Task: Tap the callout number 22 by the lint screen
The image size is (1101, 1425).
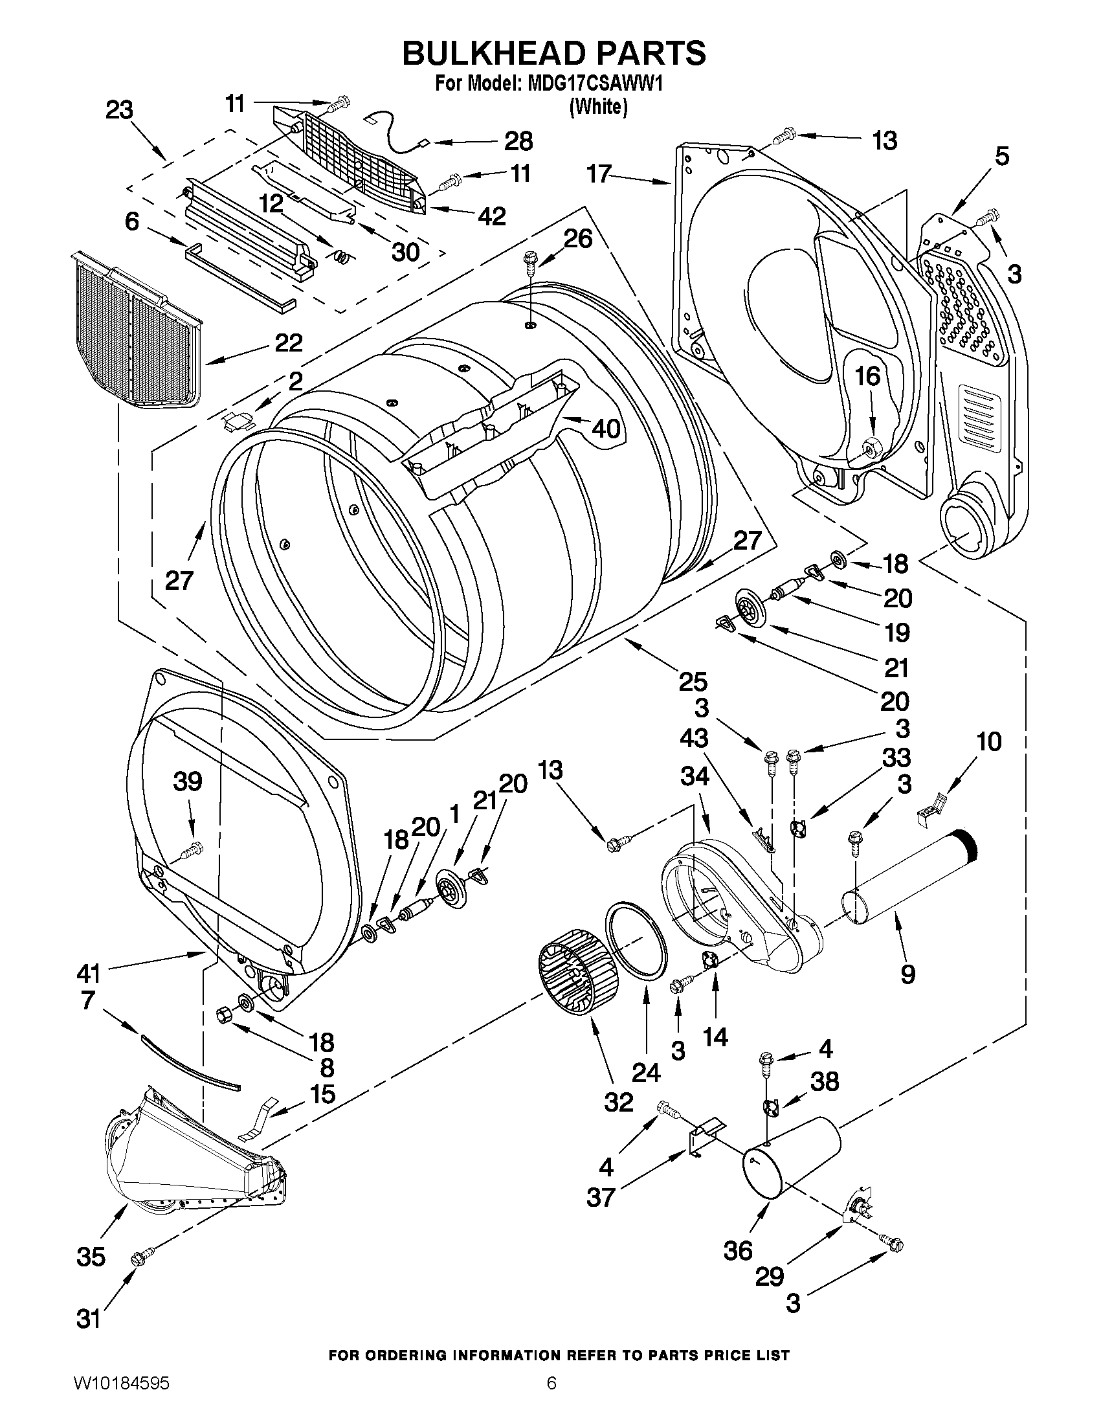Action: click(x=288, y=343)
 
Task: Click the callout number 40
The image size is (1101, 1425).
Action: click(x=606, y=429)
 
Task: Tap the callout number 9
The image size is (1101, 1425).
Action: click(x=907, y=993)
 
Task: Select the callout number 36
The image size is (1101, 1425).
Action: click(x=739, y=1251)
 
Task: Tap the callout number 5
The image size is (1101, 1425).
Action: click(x=1002, y=157)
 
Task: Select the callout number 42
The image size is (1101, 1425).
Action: click(x=491, y=216)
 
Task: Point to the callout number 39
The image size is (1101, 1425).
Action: click(x=188, y=781)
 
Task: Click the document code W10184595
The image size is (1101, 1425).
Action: click(x=120, y=1398)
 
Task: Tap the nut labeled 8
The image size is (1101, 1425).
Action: click(x=221, y=1015)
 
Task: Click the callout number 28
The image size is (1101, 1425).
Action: click(x=518, y=141)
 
